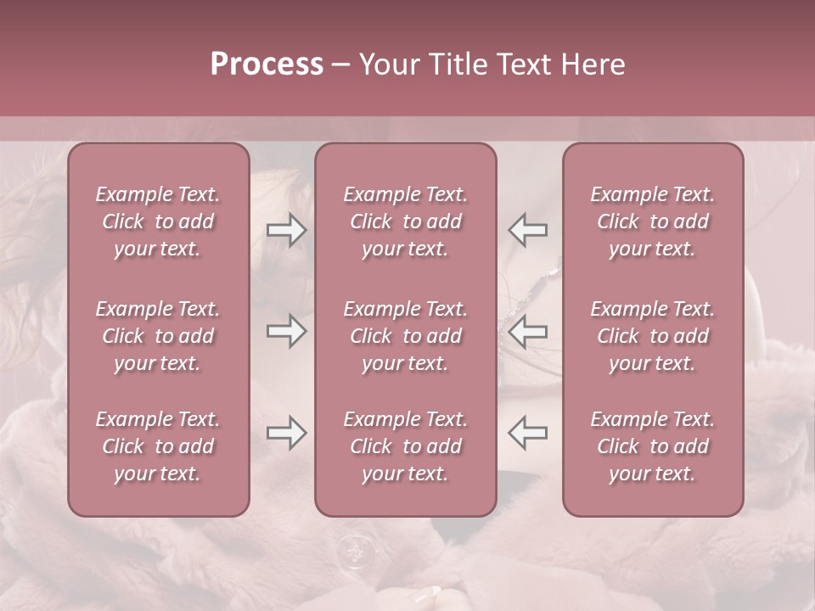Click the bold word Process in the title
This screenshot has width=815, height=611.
[x=267, y=64]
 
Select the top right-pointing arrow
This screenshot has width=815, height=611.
[x=286, y=230]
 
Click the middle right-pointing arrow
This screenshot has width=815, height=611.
[x=286, y=332]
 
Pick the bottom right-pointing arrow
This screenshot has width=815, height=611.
[x=286, y=433]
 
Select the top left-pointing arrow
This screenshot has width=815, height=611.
[x=528, y=230]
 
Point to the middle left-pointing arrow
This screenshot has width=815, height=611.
[x=528, y=332]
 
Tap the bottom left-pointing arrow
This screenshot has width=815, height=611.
[x=528, y=433]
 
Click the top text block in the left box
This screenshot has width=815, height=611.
[x=158, y=221]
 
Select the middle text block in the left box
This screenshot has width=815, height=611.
[x=158, y=336]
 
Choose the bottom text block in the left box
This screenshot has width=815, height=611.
[x=158, y=446]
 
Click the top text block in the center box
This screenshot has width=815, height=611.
[x=405, y=221]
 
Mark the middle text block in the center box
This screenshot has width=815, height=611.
[x=405, y=336]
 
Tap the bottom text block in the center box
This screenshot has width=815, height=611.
[x=405, y=446]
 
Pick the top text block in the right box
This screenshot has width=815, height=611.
[x=652, y=221]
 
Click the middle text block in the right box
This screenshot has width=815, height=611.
[x=652, y=336]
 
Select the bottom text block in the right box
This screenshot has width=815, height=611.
[x=652, y=446]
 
